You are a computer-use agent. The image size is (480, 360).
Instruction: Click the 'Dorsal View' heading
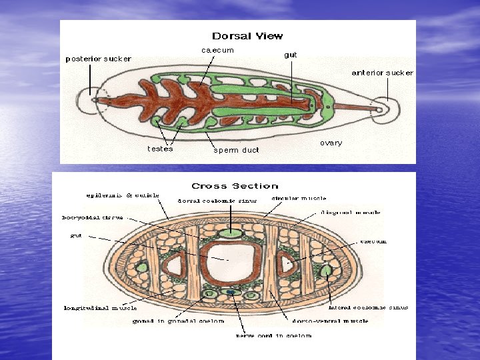click(247, 36)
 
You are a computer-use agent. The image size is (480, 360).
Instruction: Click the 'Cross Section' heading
click(235, 186)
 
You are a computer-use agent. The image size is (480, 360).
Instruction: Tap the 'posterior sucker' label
click(98, 59)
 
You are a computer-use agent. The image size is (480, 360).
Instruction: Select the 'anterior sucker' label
click(382, 73)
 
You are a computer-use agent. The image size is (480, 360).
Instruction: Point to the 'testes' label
click(160, 149)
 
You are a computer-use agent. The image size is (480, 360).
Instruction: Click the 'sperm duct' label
click(236, 150)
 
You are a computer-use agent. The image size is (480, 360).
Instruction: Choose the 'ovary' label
click(331, 143)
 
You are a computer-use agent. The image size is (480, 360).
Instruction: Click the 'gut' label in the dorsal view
click(291, 55)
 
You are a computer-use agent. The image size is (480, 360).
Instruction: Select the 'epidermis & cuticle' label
click(123, 195)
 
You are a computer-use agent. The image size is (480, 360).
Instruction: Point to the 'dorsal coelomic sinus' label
click(217, 201)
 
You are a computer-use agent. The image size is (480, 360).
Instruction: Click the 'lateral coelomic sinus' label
click(368, 307)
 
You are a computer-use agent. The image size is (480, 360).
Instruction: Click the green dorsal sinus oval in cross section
click(231, 233)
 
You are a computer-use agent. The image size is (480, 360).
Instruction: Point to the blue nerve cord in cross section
click(231, 292)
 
